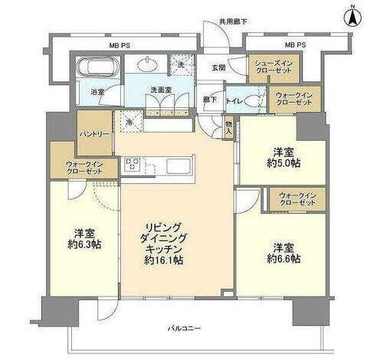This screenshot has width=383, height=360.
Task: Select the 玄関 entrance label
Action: (x=219, y=67)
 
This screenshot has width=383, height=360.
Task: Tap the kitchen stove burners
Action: (x=131, y=164)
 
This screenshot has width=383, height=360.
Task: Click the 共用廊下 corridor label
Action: (x=233, y=21)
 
